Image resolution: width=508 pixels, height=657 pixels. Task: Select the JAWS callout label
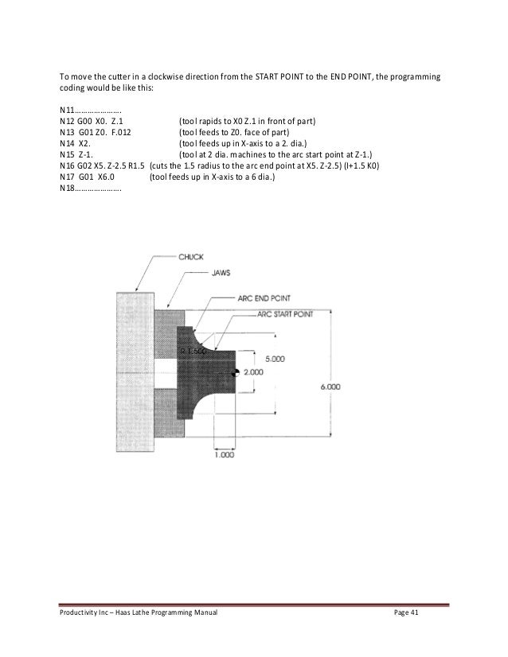(x=221, y=271)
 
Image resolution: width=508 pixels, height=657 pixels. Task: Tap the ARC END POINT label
(x=264, y=297)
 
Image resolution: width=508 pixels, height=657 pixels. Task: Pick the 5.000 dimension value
(x=275, y=359)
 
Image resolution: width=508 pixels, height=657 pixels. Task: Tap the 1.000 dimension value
(x=225, y=455)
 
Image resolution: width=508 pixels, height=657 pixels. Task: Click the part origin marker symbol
(x=236, y=374)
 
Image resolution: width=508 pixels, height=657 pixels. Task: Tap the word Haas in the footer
(x=126, y=615)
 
